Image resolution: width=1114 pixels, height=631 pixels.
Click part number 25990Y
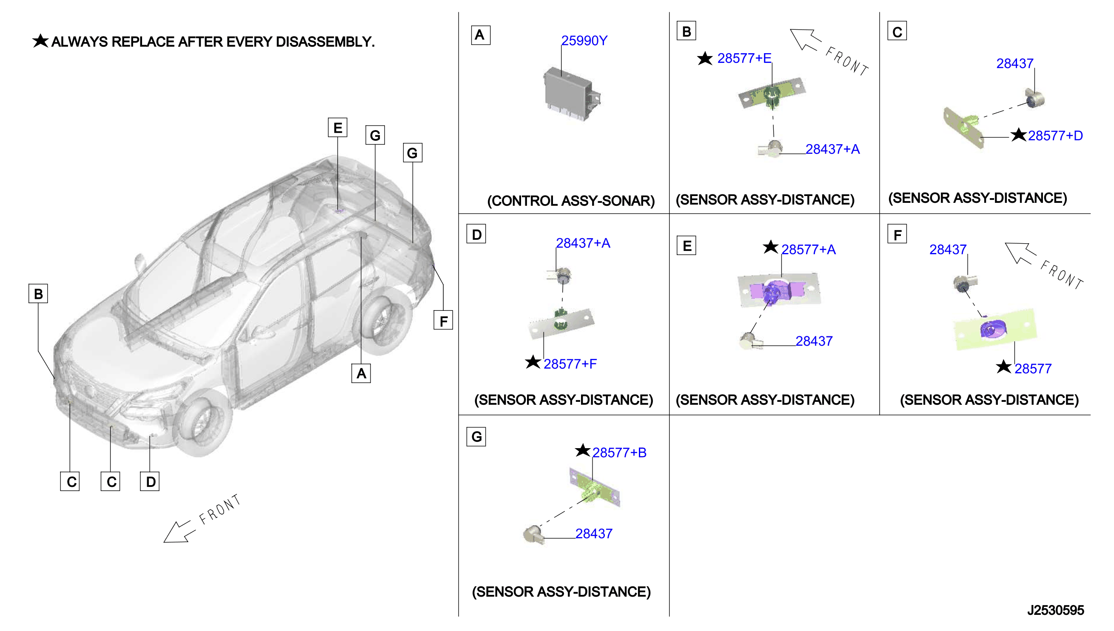584,40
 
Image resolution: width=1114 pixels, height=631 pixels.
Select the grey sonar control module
571,94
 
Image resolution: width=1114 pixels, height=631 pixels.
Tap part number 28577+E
744,58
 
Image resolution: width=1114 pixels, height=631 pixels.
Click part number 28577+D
1054,136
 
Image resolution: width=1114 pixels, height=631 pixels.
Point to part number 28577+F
570,364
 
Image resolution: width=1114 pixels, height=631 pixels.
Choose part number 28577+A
808,250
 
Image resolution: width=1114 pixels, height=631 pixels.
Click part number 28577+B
619,452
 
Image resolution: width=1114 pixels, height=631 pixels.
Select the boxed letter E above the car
337,128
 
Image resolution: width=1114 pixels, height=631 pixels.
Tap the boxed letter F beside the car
443,321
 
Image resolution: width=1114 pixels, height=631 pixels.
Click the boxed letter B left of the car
38,293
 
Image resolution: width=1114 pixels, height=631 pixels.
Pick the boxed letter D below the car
150,481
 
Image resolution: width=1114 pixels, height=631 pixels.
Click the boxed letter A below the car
361,373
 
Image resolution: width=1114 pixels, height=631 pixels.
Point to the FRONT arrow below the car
179,532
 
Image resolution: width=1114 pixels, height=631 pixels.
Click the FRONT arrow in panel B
805,39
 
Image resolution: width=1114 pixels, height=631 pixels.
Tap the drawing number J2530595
1055,610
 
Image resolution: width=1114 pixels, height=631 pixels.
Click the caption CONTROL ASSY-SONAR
571,201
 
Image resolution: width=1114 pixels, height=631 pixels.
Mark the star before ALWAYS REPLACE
40,41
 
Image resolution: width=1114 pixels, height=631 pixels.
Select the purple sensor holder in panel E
778,291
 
